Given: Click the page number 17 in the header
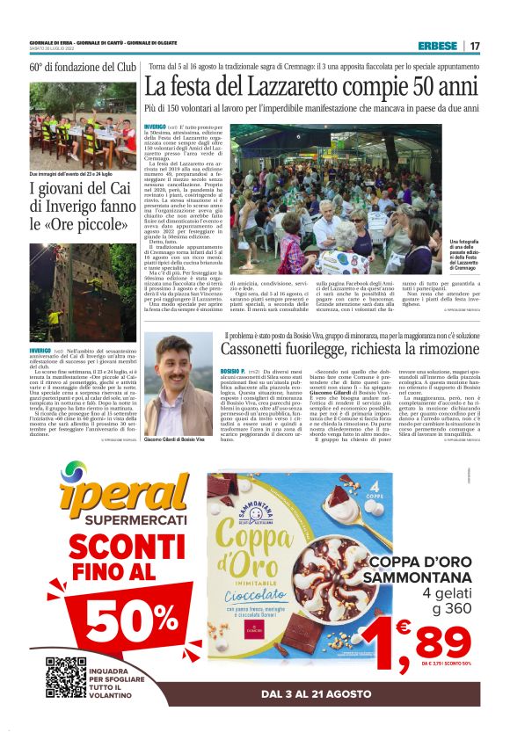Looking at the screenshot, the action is pyautogui.click(x=475, y=46).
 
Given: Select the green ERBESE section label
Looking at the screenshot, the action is pyautogui.click(x=438, y=46).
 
